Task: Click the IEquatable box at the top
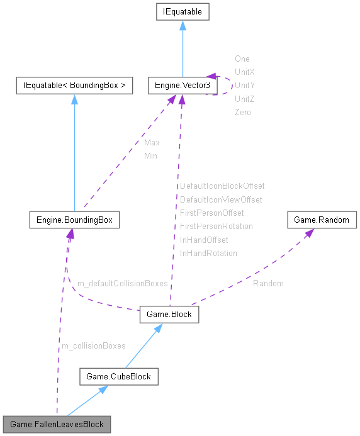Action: coord(182,11)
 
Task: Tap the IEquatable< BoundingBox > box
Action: coord(74,85)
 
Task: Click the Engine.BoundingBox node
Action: coord(74,220)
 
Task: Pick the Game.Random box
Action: coord(322,220)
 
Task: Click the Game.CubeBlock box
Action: coord(118,377)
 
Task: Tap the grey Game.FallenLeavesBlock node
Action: coord(57,425)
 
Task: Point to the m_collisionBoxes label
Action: coord(93,345)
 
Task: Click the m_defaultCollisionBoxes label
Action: coord(122,284)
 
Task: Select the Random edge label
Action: coord(268,284)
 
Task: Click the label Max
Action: coord(152,142)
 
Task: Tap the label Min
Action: coord(150,155)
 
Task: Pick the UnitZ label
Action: coord(244,99)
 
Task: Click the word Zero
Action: coord(242,112)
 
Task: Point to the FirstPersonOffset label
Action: coord(211,213)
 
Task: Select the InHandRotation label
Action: coord(208,253)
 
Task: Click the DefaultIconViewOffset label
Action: coord(221,199)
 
